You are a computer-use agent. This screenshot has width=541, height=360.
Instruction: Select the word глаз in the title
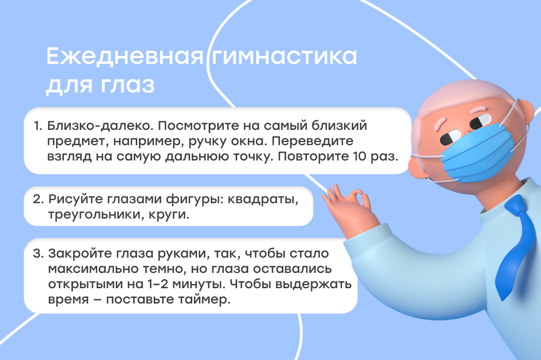point(129,85)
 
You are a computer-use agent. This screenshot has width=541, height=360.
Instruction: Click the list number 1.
point(37,127)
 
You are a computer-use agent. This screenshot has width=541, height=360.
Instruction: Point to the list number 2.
point(38,201)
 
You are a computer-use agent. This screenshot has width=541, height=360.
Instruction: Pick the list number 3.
point(38,253)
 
